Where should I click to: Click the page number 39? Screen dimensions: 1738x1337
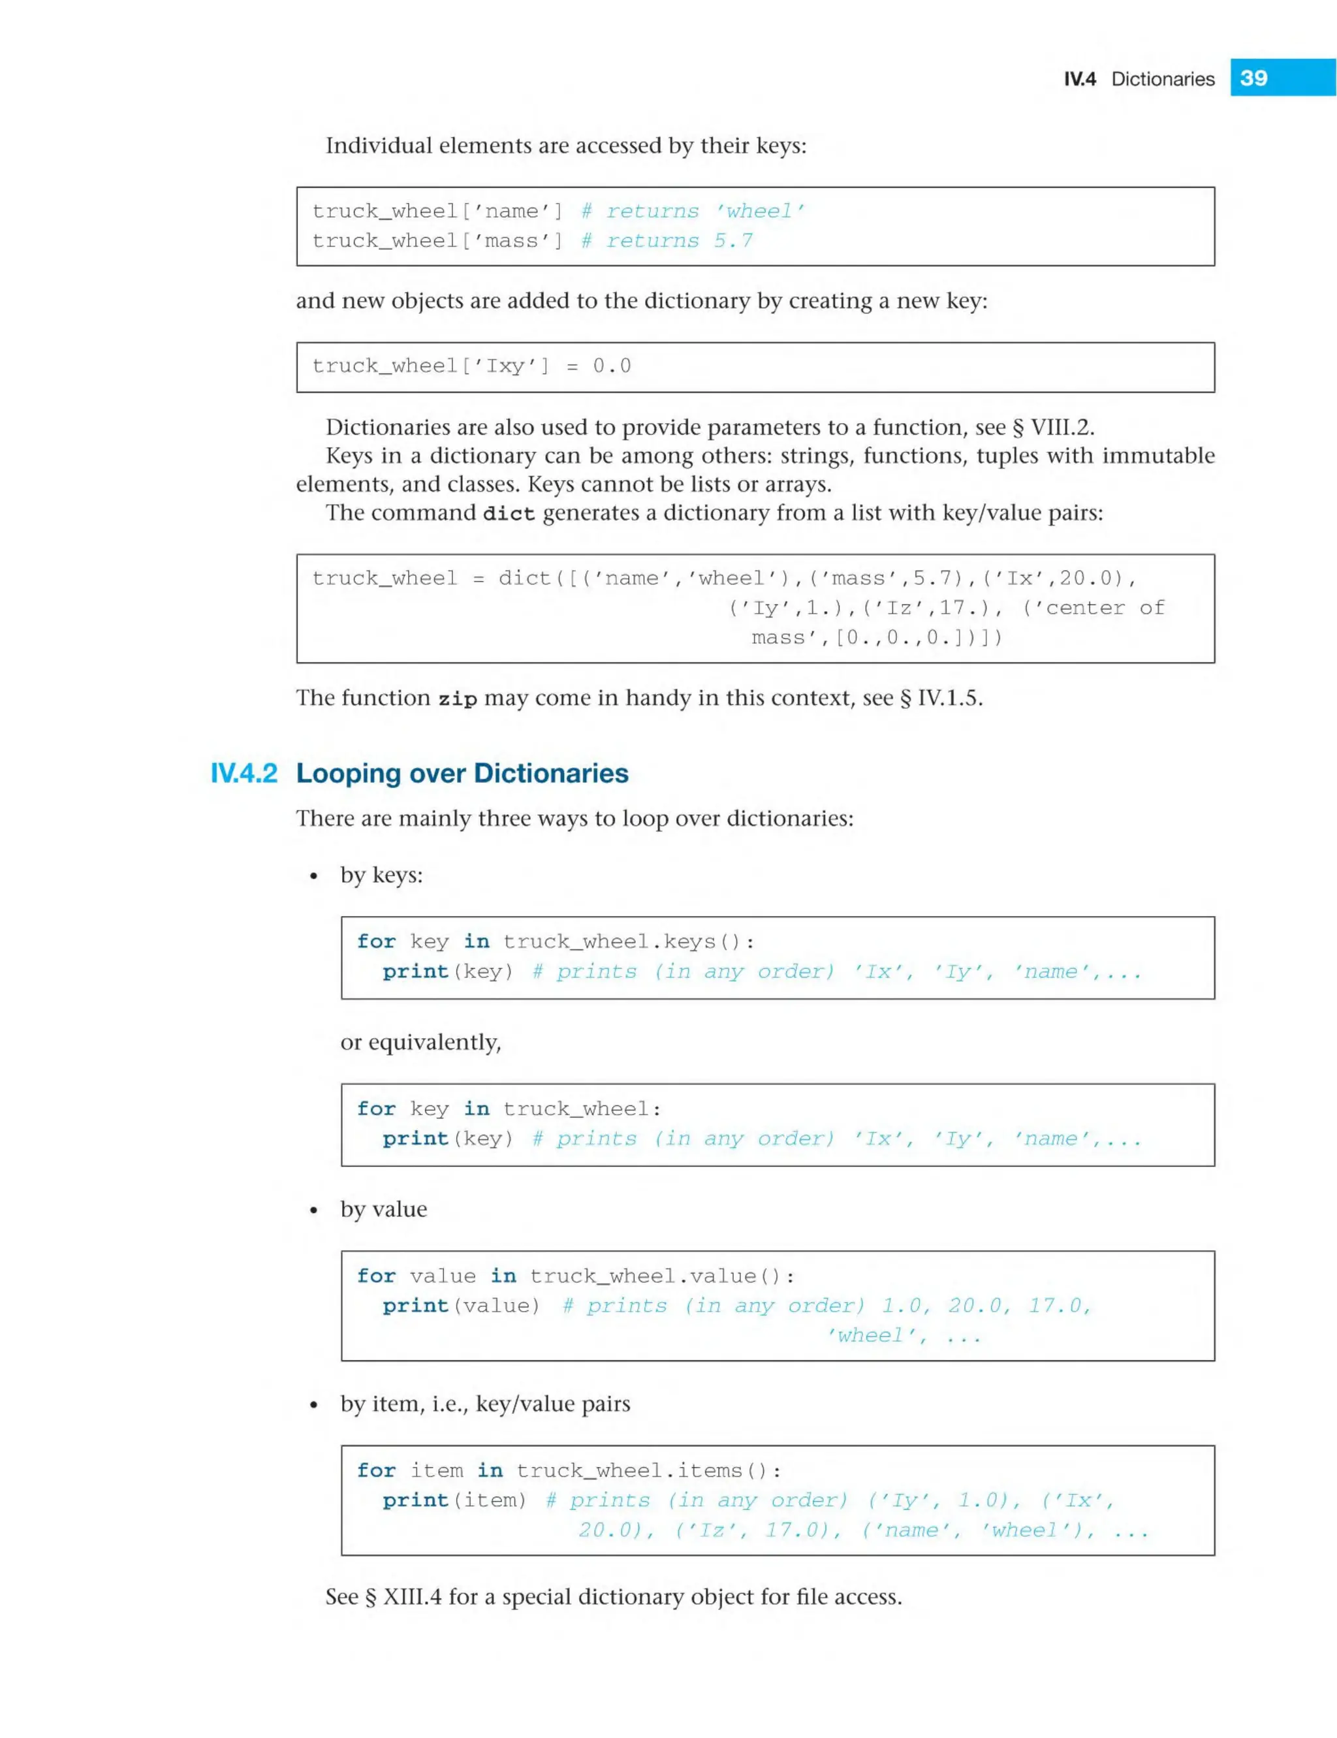1253,78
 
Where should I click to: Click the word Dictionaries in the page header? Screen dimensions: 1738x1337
1163,79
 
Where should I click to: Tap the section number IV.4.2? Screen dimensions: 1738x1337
244,774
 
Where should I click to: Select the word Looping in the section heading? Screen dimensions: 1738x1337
349,774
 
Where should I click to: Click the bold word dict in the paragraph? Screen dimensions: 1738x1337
509,513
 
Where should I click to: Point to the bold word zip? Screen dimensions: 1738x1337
458,699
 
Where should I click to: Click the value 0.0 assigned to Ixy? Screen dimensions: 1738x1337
611,366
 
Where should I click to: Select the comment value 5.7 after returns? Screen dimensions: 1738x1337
733,240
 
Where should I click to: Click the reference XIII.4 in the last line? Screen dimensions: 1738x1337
412,1597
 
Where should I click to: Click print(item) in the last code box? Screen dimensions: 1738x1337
454,1500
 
